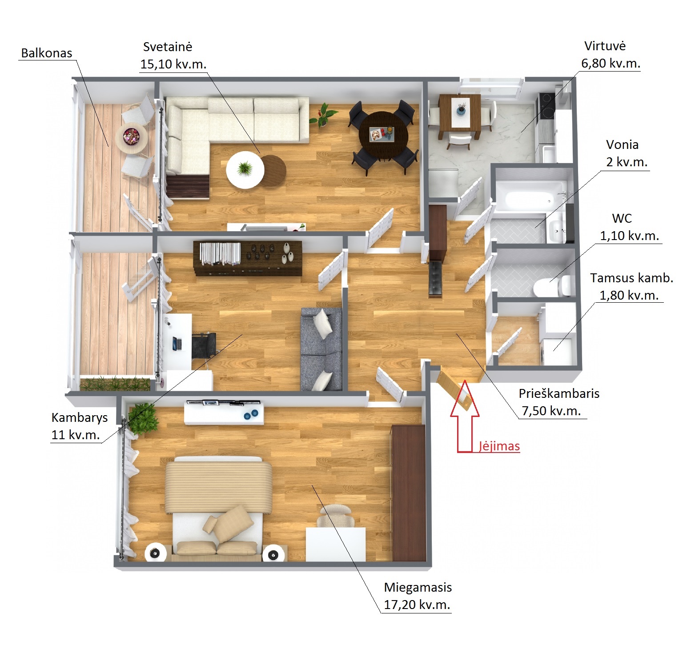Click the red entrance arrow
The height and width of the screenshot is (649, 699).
pyautogui.click(x=465, y=416)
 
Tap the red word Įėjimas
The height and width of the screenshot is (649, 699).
pyautogui.click(x=499, y=446)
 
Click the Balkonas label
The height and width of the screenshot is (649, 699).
pyautogui.click(x=47, y=53)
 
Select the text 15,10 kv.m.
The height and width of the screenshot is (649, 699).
pyautogui.click(x=173, y=64)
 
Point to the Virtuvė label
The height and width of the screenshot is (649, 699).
pyautogui.click(x=605, y=46)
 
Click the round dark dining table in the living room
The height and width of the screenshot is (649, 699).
pyautogui.click(x=382, y=134)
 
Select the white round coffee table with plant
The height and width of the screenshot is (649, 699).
pyautogui.click(x=245, y=169)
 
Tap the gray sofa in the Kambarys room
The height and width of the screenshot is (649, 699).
pyautogui.click(x=321, y=349)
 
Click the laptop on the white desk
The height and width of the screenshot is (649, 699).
pyautogui.click(x=177, y=344)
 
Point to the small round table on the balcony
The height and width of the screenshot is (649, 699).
pyautogui.click(x=131, y=137)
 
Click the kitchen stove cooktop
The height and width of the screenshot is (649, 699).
pyautogui.click(x=546, y=106)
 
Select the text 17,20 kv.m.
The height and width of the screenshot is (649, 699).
pyautogui.click(x=417, y=605)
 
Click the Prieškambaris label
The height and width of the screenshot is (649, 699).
pyautogui.click(x=559, y=393)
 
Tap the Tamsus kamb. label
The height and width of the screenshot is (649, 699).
pyautogui.click(x=631, y=278)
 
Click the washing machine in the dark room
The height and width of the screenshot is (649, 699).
pyautogui.click(x=555, y=352)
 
